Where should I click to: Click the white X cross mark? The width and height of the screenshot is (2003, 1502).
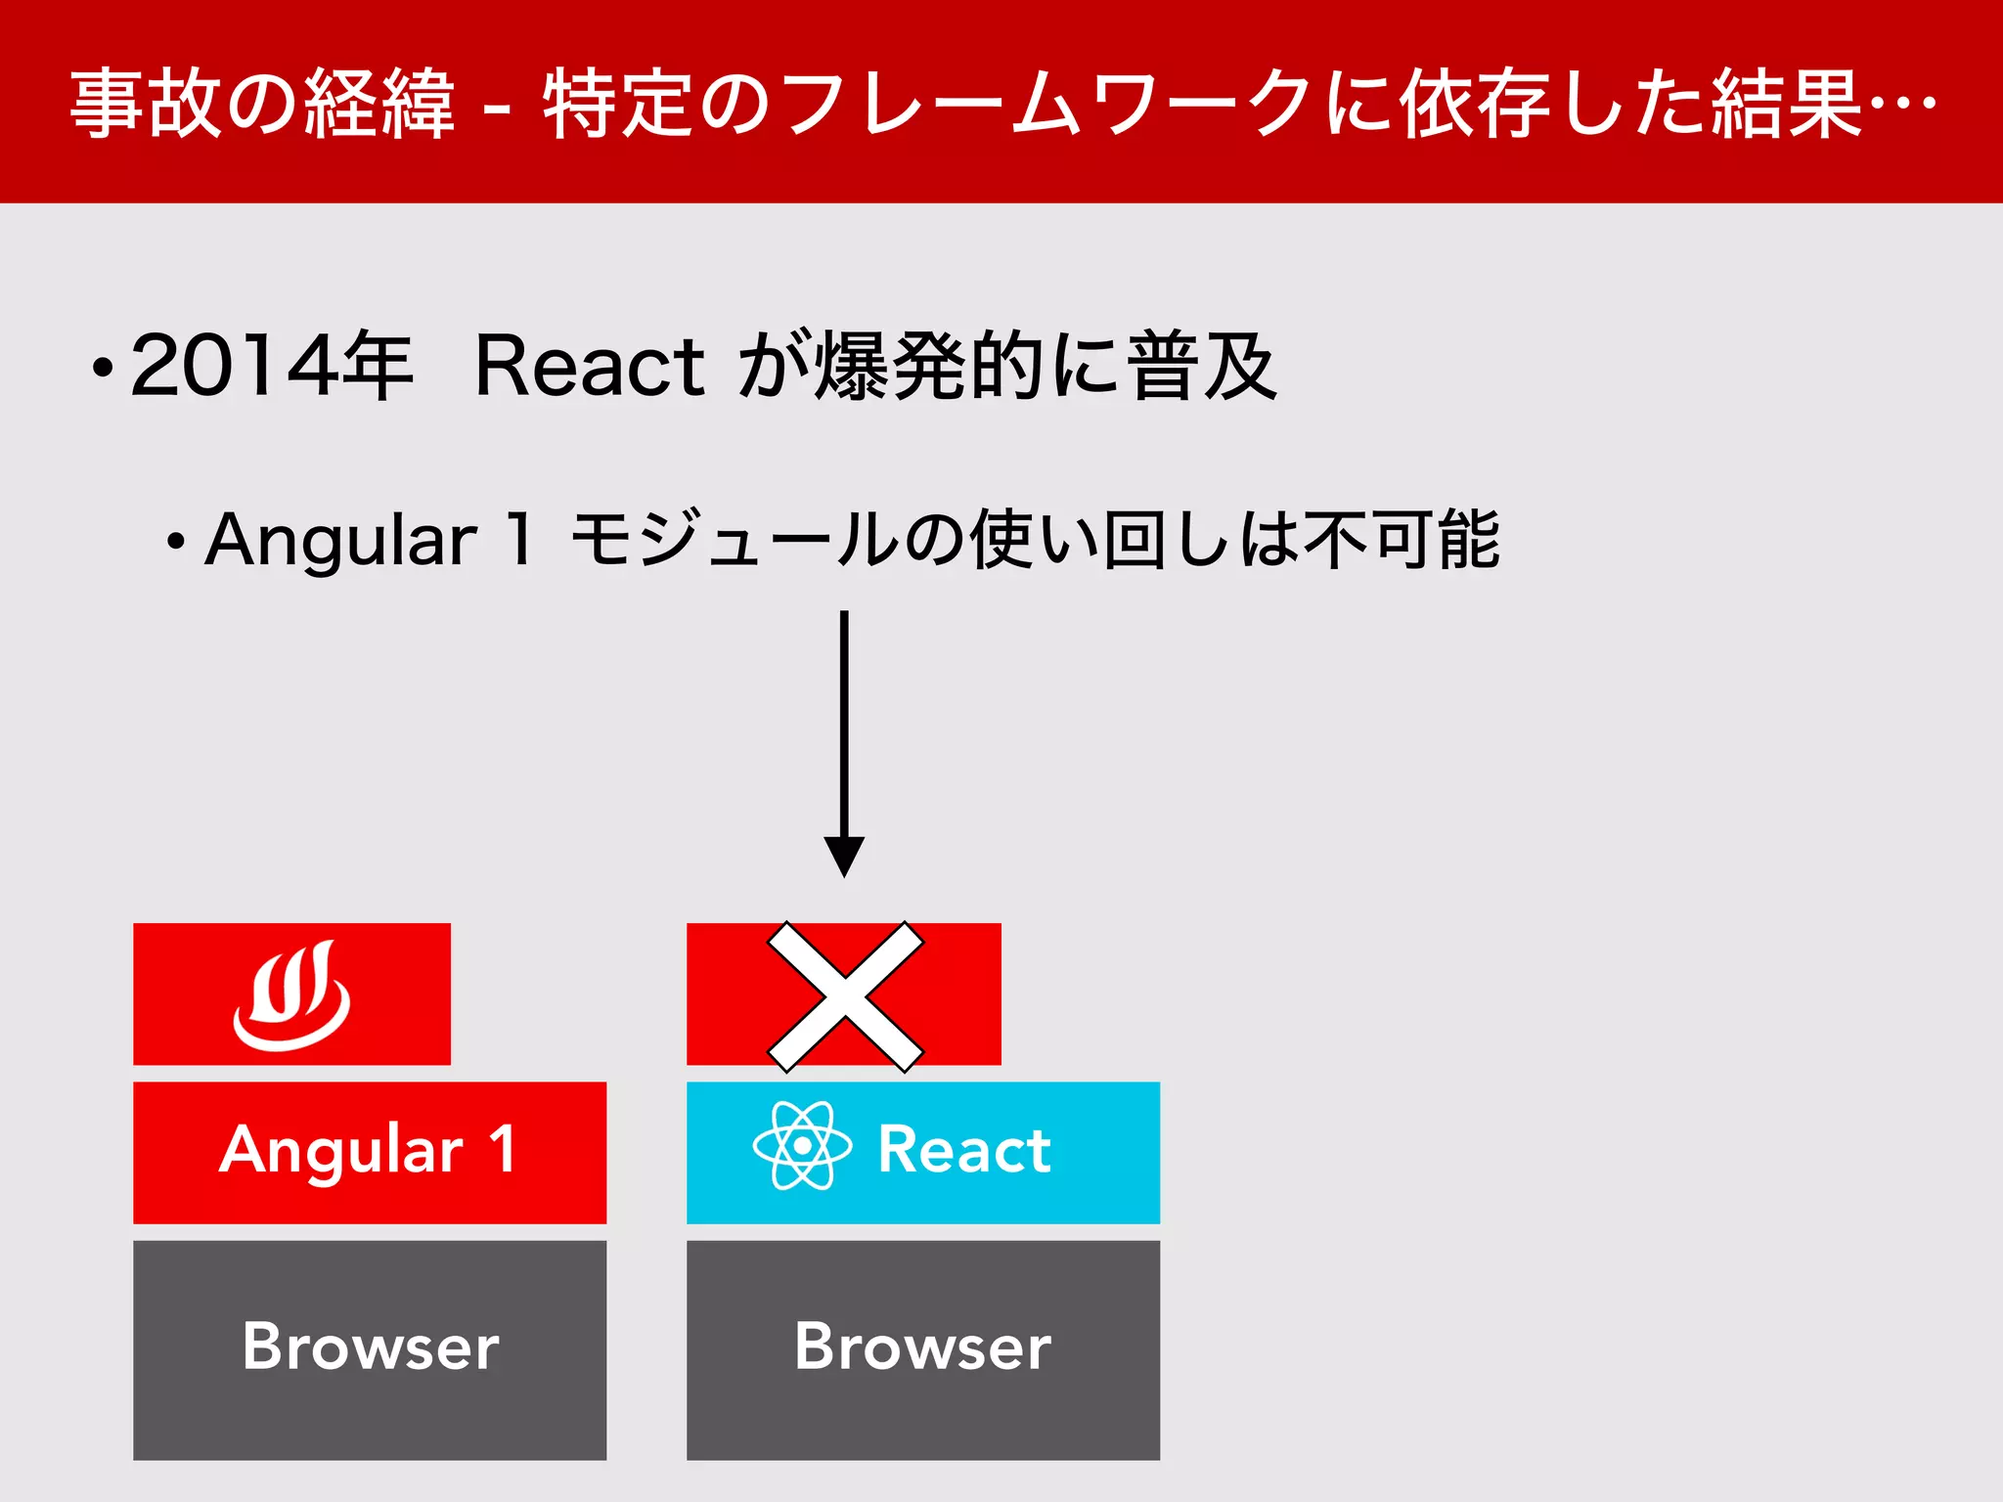pos(845,996)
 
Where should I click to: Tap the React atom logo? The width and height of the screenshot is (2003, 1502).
pos(802,1145)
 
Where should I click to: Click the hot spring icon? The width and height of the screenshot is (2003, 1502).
pos(291,995)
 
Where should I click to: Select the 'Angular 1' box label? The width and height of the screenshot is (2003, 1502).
pos(369,1150)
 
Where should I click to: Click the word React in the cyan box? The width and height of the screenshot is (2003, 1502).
pos(964,1150)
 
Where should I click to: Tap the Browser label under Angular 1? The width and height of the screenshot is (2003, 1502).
pos(371,1347)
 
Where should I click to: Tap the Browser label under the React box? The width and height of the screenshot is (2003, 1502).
pos(923,1347)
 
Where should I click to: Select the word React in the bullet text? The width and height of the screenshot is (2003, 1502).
pos(589,366)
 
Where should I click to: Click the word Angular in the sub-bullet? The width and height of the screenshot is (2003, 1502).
pos(340,541)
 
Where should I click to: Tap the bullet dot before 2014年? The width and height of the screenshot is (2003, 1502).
pos(103,369)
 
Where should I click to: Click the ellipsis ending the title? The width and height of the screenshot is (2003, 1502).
pos(1902,102)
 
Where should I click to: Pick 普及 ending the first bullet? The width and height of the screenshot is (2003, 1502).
pos(1202,366)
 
